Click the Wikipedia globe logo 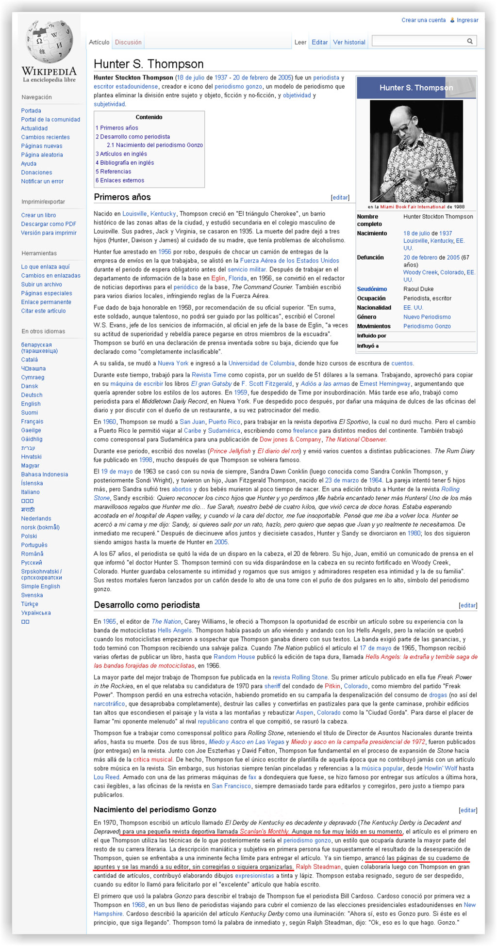coord(49,43)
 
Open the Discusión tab coord(128,43)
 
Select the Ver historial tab coord(349,43)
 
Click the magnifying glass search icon coord(470,41)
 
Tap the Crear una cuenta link coord(423,20)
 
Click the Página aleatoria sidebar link coord(42,155)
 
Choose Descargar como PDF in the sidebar coord(49,224)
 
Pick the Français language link coord(32,422)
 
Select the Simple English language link coord(40,586)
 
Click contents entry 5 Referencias coord(113,172)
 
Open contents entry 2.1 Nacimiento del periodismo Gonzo coord(155,145)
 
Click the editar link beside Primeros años coord(340,198)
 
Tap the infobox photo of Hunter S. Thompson coord(416,151)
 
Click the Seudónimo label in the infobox coord(372,289)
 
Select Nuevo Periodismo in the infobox coord(427,317)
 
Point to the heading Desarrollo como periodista coord(147,605)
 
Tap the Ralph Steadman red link coord(318,867)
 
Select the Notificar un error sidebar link coord(42,181)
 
